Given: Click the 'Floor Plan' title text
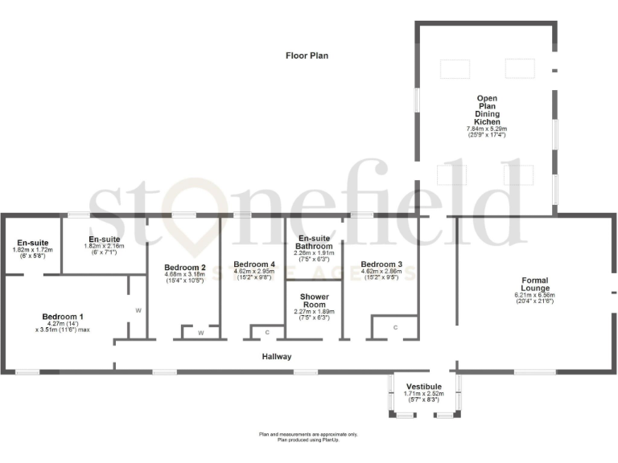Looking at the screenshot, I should pyautogui.click(x=307, y=55).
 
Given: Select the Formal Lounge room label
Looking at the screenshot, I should pyautogui.click(x=534, y=282).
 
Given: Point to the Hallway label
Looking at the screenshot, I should pyautogui.click(x=277, y=356).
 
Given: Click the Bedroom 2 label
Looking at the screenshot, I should pyautogui.click(x=185, y=267).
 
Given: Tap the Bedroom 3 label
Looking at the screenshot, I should pyautogui.click(x=381, y=264).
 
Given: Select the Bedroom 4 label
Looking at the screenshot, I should pyautogui.click(x=254, y=264).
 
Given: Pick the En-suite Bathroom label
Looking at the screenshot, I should pyautogui.click(x=315, y=243).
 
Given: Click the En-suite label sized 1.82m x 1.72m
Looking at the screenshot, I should pyautogui.click(x=32, y=242).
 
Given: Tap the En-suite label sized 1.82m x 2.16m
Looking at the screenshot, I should pyautogui.click(x=104, y=240).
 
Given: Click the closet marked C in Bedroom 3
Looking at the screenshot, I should pyautogui.click(x=395, y=327).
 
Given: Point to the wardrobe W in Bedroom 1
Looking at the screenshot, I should pyautogui.click(x=138, y=309).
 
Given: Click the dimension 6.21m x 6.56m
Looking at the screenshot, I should pyautogui.click(x=534, y=295).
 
